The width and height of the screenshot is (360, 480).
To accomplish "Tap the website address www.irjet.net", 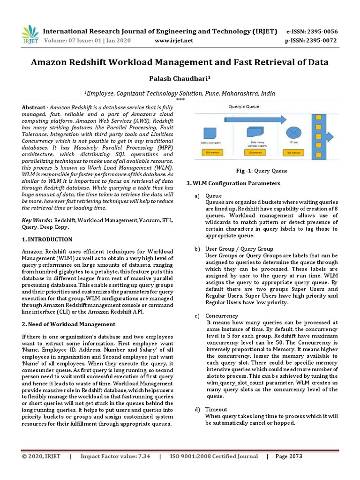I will (173, 41).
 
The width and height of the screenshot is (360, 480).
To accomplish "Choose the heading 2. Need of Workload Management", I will (69, 324).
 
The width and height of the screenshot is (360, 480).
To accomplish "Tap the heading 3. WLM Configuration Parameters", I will (233, 183).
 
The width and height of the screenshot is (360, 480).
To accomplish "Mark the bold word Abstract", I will (34, 108).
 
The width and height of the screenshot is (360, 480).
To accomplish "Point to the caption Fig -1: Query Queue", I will (261, 171).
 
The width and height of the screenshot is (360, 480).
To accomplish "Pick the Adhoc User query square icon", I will (210, 132).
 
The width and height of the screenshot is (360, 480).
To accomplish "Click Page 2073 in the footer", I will (289, 456).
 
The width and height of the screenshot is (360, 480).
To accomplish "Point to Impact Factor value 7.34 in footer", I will (115, 456).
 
